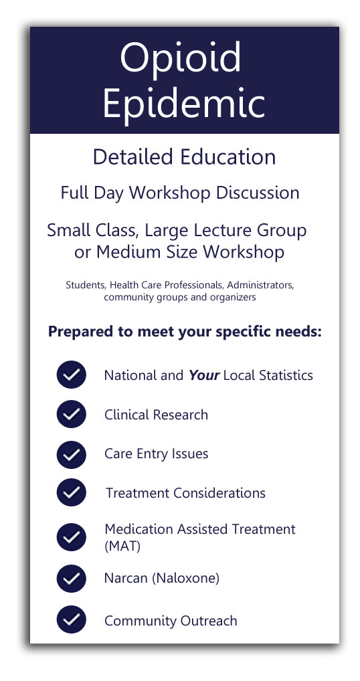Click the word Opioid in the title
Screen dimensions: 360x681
pyautogui.click(x=180, y=58)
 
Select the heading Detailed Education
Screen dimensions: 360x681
pyautogui.click(x=184, y=157)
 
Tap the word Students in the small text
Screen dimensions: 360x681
pyautogui.click(x=86, y=286)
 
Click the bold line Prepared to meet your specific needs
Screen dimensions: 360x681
pyautogui.click(x=185, y=332)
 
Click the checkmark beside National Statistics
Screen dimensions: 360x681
pyautogui.click(x=71, y=375)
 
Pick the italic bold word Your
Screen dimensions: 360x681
pyautogui.click(x=204, y=375)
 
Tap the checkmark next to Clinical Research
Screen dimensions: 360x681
pyautogui.click(x=71, y=414)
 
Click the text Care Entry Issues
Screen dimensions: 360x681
pyautogui.click(x=157, y=454)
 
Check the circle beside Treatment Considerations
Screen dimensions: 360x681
pyautogui.click(x=71, y=492)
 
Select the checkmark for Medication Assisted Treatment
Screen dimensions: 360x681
pyautogui.click(x=71, y=537)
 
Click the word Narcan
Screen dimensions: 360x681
pyautogui.click(x=127, y=579)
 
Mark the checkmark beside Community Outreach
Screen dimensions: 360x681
pyautogui.click(x=71, y=619)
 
